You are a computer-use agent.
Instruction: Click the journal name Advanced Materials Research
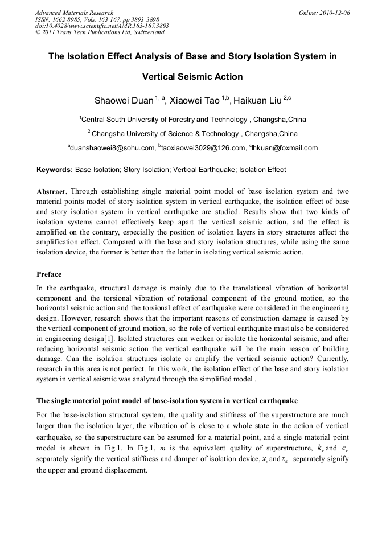(74, 13)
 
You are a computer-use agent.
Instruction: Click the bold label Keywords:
(55, 170)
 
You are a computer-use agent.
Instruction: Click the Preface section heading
(49, 274)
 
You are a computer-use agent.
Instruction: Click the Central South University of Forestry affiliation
(193, 120)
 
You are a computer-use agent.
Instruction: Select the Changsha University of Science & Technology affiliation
(194, 134)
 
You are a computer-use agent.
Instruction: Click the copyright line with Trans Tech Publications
(100, 32)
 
